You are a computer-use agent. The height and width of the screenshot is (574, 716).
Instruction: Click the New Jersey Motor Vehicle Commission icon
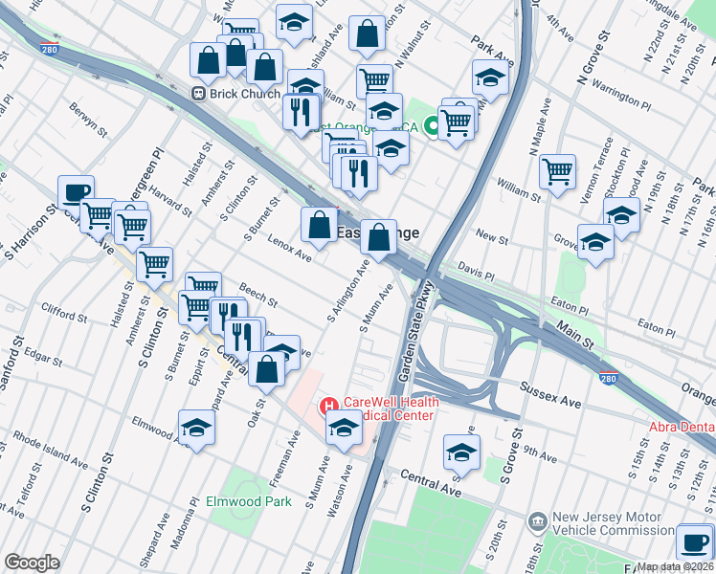tap(539, 522)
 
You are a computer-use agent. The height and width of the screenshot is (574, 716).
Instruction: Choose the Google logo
tap(32, 562)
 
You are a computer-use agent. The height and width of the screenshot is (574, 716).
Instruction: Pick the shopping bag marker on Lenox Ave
tap(319, 225)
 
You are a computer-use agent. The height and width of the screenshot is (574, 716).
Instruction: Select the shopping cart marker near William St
tap(557, 172)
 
